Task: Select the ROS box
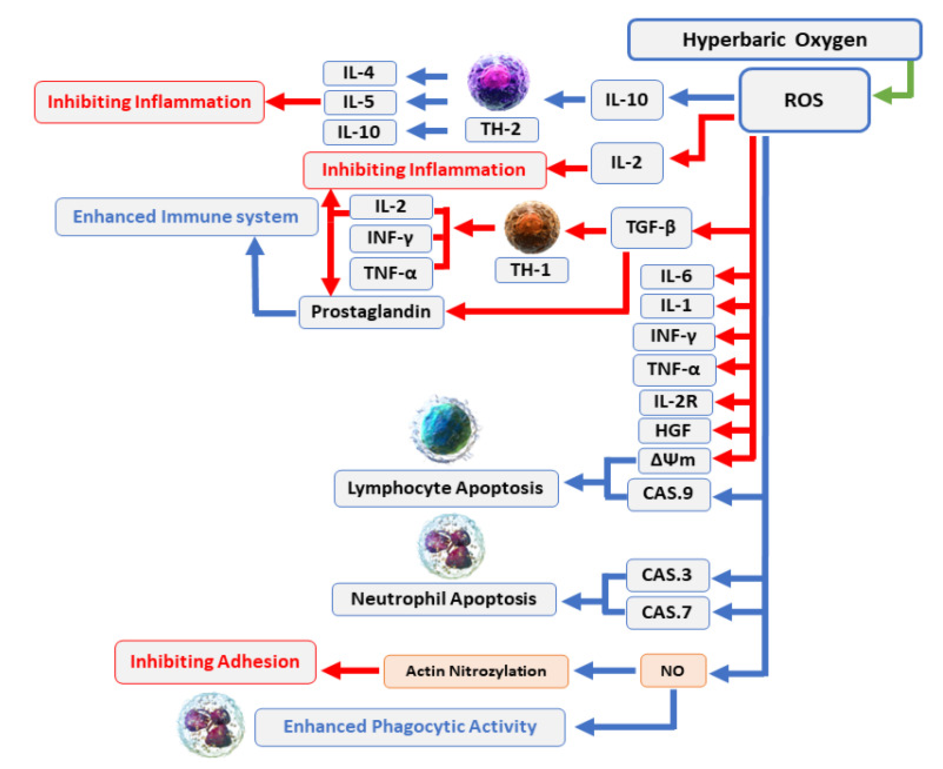coord(804,100)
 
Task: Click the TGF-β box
coord(651,227)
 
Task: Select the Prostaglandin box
coord(371,312)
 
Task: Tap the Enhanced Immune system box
coord(186,216)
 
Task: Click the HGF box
coord(673,430)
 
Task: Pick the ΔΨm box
coord(673,460)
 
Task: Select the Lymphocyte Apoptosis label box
coord(445,488)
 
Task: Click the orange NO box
coord(673,671)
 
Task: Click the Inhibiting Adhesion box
coord(215,662)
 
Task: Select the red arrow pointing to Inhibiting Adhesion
coord(350,670)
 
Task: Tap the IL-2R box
coord(675,402)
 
